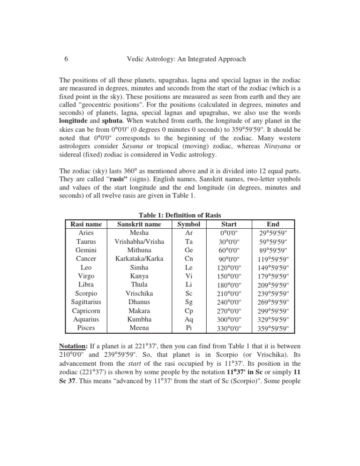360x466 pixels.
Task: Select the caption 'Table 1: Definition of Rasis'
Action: (180, 215)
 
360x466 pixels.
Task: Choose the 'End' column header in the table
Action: (272, 224)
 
